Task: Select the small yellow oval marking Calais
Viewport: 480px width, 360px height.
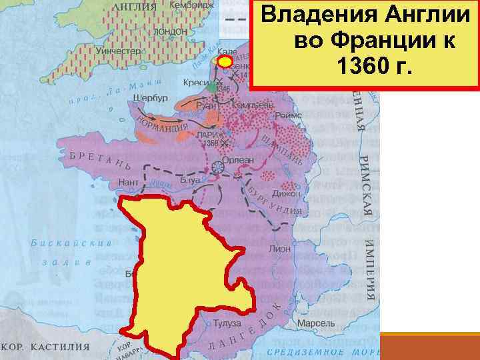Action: pos(226,62)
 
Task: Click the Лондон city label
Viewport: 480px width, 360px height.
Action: pos(170,31)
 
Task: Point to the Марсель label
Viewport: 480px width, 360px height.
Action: pos(314,324)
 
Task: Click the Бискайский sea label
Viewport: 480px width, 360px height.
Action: pos(61,243)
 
